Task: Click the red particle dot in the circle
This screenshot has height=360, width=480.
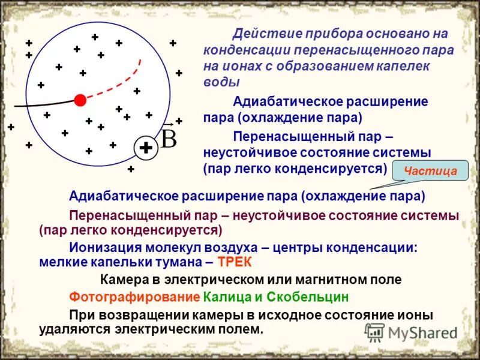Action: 80,100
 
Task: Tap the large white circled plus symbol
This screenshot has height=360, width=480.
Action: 145,148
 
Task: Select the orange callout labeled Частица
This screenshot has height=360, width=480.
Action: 430,171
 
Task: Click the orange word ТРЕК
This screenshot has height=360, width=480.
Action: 235,262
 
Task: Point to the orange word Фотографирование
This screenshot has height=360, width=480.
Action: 134,297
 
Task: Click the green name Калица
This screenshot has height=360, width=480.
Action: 225,297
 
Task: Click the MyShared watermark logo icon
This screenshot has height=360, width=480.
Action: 375,332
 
